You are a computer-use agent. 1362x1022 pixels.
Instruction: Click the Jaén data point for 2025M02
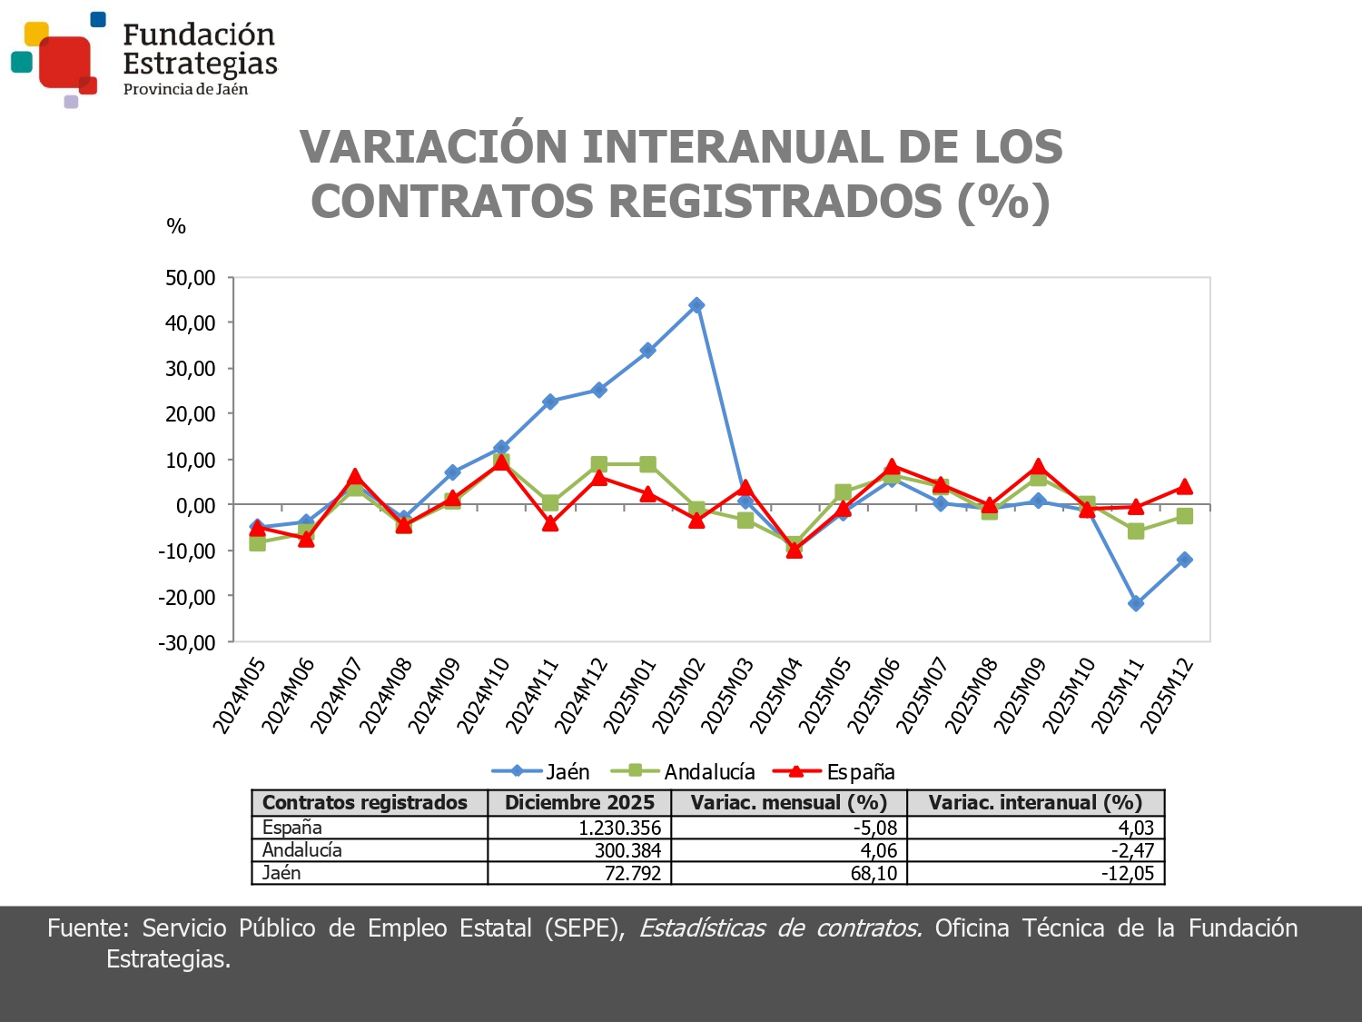click(x=696, y=305)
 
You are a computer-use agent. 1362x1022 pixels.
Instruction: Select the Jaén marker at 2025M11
click(x=1136, y=603)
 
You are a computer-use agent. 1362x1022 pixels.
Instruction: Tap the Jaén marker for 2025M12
click(x=1184, y=560)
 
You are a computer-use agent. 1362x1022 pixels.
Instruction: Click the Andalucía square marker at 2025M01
click(x=647, y=464)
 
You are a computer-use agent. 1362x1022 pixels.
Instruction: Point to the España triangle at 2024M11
click(x=550, y=523)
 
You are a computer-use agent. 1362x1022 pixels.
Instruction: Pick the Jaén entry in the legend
click(x=542, y=772)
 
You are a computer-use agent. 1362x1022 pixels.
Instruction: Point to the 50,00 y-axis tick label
click(x=190, y=278)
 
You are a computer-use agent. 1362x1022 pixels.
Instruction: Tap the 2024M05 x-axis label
click(x=240, y=695)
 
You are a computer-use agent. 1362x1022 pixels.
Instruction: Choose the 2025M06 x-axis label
click(x=874, y=695)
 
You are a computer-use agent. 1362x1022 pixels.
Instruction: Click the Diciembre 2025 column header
click(x=579, y=803)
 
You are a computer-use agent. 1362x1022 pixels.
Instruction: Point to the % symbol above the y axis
click(x=176, y=226)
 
